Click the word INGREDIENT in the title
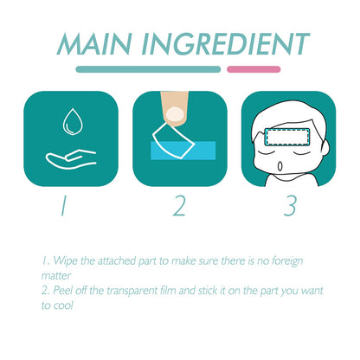coord(226,44)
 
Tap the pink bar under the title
coord(254,69)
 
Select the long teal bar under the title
coord(148,69)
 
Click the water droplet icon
coord(73,121)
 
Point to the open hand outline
coord(71,159)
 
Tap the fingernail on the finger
coord(175,114)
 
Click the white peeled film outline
coord(173,140)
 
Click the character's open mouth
coord(280,166)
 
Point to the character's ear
coord(325,145)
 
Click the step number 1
coord(63,205)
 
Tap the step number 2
coord(179,206)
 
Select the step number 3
coord(290,206)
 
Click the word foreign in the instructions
coord(287,261)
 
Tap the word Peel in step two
coord(62,290)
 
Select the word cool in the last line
coord(63,305)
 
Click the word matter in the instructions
coord(56,276)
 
